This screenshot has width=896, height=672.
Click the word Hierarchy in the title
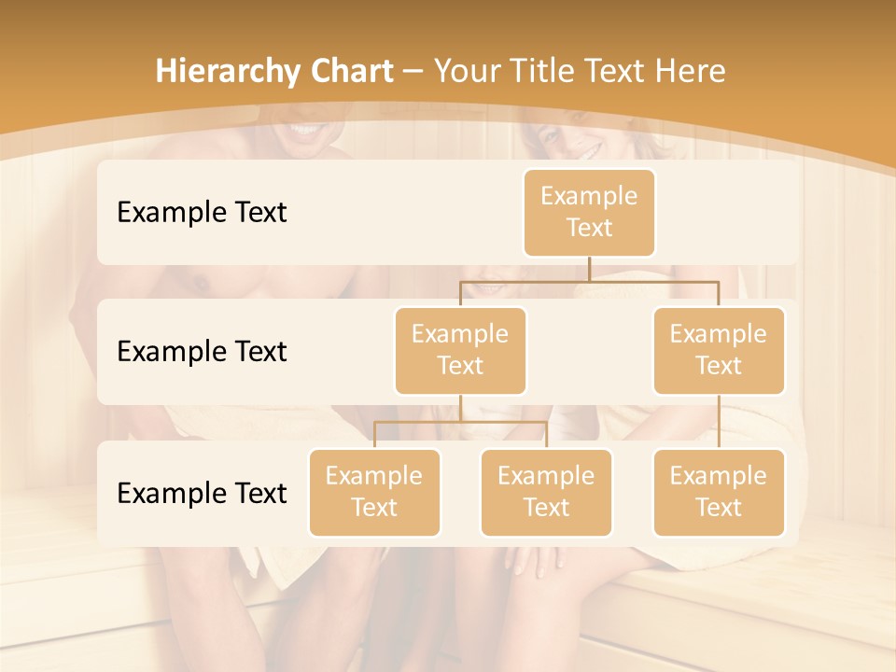pos(229,72)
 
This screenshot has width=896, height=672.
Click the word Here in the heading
pos(690,72)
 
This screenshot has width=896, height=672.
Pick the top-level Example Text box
pos(589,213)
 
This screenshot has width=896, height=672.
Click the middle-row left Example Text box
pos(460,350)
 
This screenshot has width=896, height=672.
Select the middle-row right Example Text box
pos(719,350)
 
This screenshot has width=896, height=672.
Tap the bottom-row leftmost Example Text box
pos(374,492)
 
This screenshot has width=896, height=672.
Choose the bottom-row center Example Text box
pos(546,492)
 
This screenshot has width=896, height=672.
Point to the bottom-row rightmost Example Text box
pos(719,492)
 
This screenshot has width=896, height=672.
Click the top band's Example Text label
pos(202,213)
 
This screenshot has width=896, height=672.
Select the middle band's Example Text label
pos(202,351)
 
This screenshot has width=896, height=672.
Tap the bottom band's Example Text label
pos(202,493)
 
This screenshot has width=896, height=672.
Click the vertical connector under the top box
pos(589,268)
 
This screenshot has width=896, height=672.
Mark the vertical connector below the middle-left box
pos(460,408)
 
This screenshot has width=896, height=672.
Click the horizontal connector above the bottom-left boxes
pos(460,422)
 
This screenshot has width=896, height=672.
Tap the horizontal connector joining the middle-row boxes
pos(589,280)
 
